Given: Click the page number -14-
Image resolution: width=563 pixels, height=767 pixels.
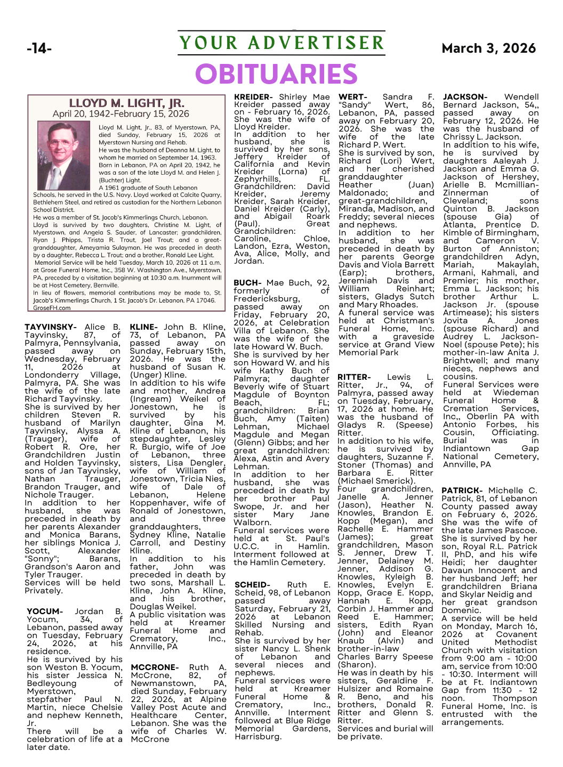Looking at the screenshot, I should [x=39, y=49].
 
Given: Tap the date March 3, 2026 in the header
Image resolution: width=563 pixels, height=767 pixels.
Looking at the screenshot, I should [x=488, y=48].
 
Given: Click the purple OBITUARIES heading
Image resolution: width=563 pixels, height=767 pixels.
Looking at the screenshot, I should [x=276, y=74].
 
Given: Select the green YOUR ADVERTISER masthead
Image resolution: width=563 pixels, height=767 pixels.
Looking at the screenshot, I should [x=281, y=43].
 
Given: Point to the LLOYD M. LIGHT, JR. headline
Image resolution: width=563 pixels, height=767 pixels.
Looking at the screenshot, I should [x=126, y=103].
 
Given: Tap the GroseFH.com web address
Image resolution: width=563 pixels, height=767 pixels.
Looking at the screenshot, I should [x=52, y=308].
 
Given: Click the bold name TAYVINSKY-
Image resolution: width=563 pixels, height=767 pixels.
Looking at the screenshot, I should [x=51, y=327].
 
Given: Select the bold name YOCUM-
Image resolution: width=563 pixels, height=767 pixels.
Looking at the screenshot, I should [x=45, y=611].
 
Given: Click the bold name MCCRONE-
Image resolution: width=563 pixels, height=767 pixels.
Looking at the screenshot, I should [x=154, y=667].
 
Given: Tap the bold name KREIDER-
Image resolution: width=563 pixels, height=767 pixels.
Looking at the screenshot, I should [x=253, y=97].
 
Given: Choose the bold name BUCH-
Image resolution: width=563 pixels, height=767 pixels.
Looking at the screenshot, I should [x=247, y=283].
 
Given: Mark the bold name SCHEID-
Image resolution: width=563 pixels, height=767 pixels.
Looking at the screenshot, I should [x=252, y=585].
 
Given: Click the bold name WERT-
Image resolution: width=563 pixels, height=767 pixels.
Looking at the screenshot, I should [x=353, y=97].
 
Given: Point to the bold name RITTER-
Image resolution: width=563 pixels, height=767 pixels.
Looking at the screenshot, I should [x=354, y=377].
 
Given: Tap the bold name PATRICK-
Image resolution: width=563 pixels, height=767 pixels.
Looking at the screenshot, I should [x=462, y=491].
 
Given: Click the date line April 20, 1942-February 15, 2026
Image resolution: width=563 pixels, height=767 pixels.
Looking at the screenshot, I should [x=121, y=114].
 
